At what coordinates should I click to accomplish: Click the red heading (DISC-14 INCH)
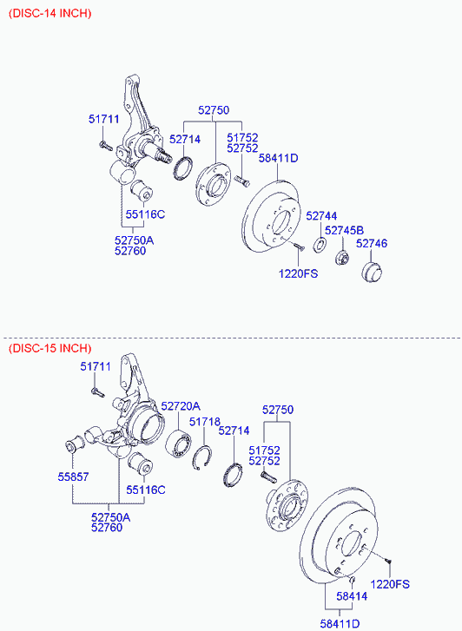tap(50, 13)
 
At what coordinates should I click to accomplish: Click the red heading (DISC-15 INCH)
tap(50, 348)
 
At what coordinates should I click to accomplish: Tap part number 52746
tap(372, 244)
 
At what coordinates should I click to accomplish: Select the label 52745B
tap(345, 230)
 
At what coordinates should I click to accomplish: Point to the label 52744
tap(321, 216)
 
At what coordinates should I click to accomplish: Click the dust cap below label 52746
tap(372, 272)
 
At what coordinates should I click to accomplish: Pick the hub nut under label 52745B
tap(342, 257)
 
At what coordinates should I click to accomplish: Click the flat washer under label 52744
tap(320, 245)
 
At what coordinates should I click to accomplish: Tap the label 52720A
tap(181, 406)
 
